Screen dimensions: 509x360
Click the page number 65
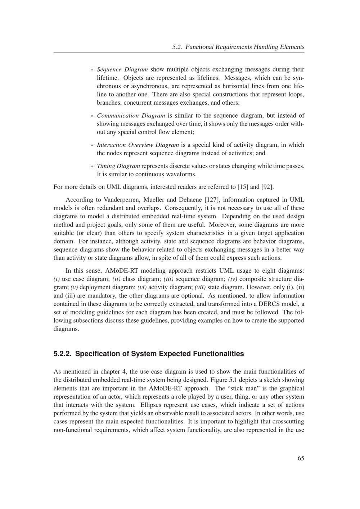click(301, 458)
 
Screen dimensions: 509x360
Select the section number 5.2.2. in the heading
click(63, 354)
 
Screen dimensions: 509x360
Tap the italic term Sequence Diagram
click(122, 69)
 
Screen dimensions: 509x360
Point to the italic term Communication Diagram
click(131, 115)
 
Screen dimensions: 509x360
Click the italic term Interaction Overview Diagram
click(138, 145)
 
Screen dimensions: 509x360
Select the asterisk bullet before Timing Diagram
click(92, 167)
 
